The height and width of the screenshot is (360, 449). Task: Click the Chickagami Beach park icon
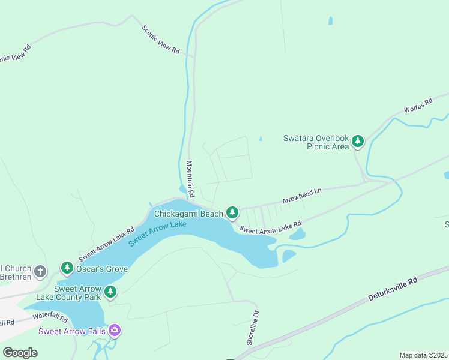(x=232, y=212)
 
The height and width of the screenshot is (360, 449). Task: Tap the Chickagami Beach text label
(x=188, y=214)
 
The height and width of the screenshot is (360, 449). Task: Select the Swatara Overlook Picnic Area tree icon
(x=358, y=142)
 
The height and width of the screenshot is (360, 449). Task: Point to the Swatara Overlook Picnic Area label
(x=316, y=142)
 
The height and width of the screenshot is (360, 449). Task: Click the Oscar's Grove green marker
(x=67, y=269)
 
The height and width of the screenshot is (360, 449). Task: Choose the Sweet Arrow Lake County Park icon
(x=110, y=292)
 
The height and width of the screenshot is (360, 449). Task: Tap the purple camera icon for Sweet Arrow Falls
(x=115, y=331)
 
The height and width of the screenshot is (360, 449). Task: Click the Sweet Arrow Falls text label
(x=72, y=331)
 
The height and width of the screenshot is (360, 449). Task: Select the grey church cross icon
(x=40, y=271)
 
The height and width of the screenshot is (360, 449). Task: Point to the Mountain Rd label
(x=190, y=179)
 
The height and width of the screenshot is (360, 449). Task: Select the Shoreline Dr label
(x=252, y=328)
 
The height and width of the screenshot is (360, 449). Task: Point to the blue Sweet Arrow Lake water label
(x=157, y=233)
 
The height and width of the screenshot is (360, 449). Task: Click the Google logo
(x=19, y=353)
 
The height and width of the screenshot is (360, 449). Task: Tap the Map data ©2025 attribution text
(x=423, y=355)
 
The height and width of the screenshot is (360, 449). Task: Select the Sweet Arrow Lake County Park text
(x=77, y=292)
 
